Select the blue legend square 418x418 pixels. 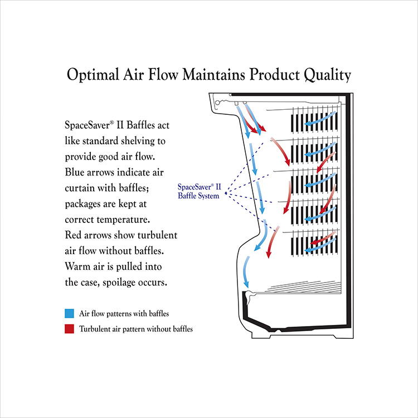[69, 314]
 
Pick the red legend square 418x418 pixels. [69, 329]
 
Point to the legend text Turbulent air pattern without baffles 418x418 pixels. [136, 329]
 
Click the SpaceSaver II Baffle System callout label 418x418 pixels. [198, 191]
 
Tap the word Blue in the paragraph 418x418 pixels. [75, 171]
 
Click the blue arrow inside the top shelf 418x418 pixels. [323, 118]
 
